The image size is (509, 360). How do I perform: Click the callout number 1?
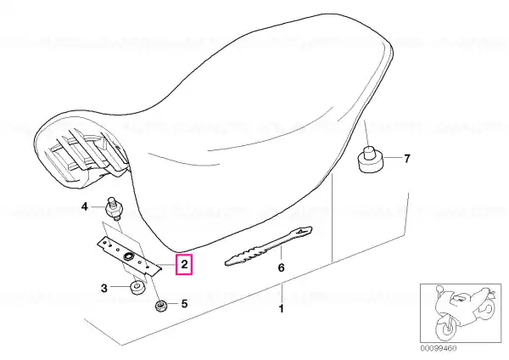click(x=281, y=308)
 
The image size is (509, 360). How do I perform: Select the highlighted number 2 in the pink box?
click(x=184, y=264)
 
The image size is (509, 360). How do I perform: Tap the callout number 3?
click(x=103, y=288)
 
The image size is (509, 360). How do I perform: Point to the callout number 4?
click(x=84, y=206)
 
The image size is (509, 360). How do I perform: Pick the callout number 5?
click(x=184, y=304)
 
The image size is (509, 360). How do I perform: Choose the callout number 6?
click(x=281, y=267)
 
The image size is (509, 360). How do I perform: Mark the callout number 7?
click(x=407, y=159)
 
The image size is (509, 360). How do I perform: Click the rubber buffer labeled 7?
click(x=370, y=160)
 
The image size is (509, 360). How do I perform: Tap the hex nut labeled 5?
click(x=160, y=306)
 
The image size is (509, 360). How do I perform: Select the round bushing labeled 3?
click(x=137, y=288)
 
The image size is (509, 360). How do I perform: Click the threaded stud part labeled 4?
click(x=113, y=209)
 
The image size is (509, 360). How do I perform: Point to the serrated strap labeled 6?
click(x=268, y=246)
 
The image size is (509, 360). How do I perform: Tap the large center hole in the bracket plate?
click(x=127, y=256)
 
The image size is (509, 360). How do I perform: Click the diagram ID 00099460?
click(x=439, y=348)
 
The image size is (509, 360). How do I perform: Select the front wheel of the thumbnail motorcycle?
click(x=446, y=327)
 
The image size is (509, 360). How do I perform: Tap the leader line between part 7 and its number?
click(x=393, y=158)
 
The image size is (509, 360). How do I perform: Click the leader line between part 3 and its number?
click(x=120, y=287)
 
